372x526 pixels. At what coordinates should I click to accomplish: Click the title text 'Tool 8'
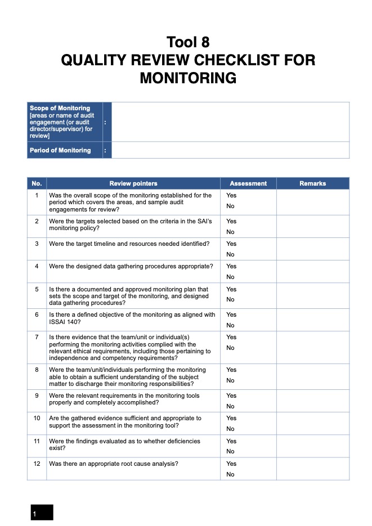[x=188, y=42]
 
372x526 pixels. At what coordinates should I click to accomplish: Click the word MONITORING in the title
[x=188, y=78]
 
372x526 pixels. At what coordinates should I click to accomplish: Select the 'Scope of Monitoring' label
[x=60, y=108]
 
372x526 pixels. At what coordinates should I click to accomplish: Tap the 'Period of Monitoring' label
[x=60, y=150]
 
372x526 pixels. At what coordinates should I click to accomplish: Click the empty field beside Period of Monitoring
[x=231, y=150]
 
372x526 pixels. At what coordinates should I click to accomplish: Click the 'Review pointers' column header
[x=133, y=183]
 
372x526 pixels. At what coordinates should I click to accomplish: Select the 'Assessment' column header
[x=248, y=183]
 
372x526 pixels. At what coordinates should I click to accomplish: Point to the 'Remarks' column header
[x=312, y=183]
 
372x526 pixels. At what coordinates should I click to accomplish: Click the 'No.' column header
[x=37, y=183]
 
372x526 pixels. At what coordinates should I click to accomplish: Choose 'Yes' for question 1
[x=231, y=195]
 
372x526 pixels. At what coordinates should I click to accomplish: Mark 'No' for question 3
[x=230, y=254]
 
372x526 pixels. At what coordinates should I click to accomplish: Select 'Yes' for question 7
[x=231, y=337]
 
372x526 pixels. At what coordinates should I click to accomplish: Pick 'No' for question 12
[x=230, y=474]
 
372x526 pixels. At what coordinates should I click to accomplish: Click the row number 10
[x=37, y=419]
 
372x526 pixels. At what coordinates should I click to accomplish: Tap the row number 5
[x=37, y=289]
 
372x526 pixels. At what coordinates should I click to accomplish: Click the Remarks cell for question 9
[x=312, y=401]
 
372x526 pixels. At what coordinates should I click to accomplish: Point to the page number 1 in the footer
[x=35, y=514]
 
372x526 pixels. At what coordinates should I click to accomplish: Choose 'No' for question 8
[x=230, y=380]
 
